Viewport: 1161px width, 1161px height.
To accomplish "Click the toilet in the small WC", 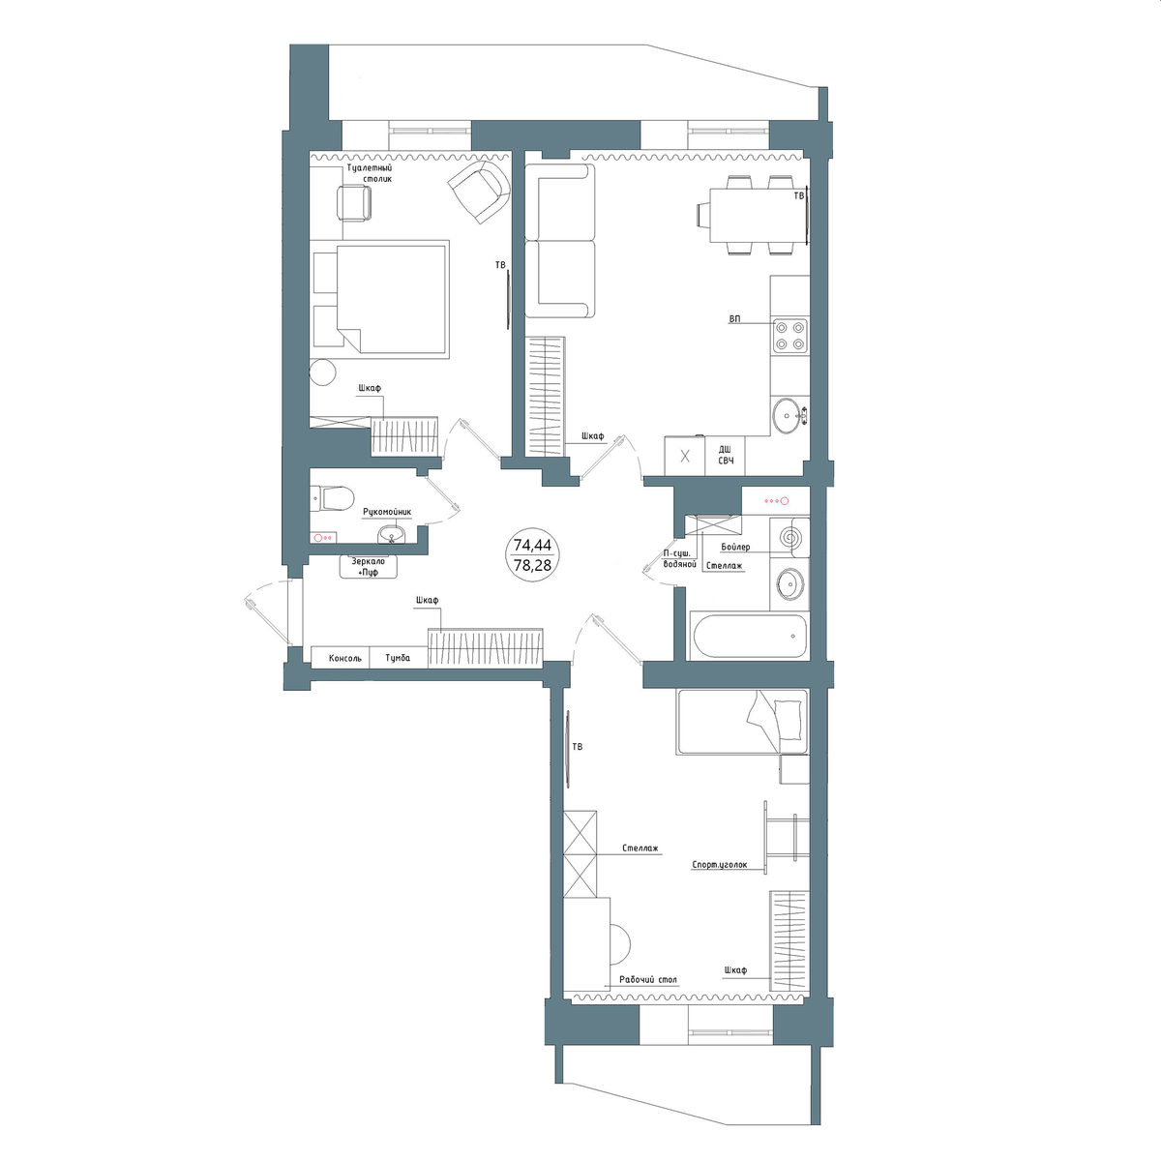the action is (x=331, y=498).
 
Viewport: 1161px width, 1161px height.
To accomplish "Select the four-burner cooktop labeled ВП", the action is (x=789, y=336).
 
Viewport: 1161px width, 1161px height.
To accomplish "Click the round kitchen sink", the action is (x=789, y=415).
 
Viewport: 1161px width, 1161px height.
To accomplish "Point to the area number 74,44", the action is (x=532, y=546).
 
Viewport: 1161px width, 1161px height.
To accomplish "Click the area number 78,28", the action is (x=532, y=565).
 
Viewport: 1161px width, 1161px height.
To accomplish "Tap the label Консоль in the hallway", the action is (x=345, y=659).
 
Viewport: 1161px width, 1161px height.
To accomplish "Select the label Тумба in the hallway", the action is (x=398, y=658).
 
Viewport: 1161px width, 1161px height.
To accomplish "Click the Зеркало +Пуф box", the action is (x=368, y=566).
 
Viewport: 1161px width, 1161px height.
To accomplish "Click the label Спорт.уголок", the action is (x=720, y=865).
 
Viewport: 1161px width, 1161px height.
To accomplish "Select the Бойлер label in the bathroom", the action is (x=735, y=547).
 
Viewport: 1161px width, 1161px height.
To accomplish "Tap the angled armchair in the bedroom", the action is (x=481, y=190).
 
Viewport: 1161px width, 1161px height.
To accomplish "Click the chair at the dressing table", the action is (x=354, y=203).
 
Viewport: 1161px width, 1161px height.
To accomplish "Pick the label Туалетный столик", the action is (x=370, y=173).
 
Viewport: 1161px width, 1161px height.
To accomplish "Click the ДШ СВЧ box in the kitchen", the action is (x=726, y=456).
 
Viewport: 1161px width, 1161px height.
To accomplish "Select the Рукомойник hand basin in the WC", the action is (x=392, y=534).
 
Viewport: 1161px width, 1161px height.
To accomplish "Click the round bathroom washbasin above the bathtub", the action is (x=789, y=583).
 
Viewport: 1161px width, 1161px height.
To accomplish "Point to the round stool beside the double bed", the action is (x=322, y=372).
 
